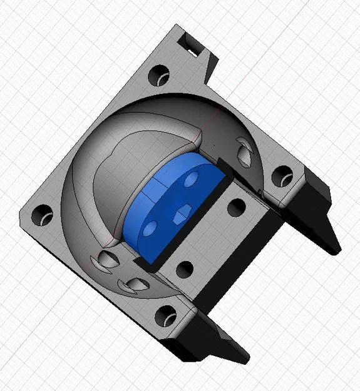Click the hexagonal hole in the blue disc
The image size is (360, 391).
(181, 213)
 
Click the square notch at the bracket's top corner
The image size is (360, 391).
(189, 42)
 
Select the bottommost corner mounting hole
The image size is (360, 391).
(167, 315)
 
